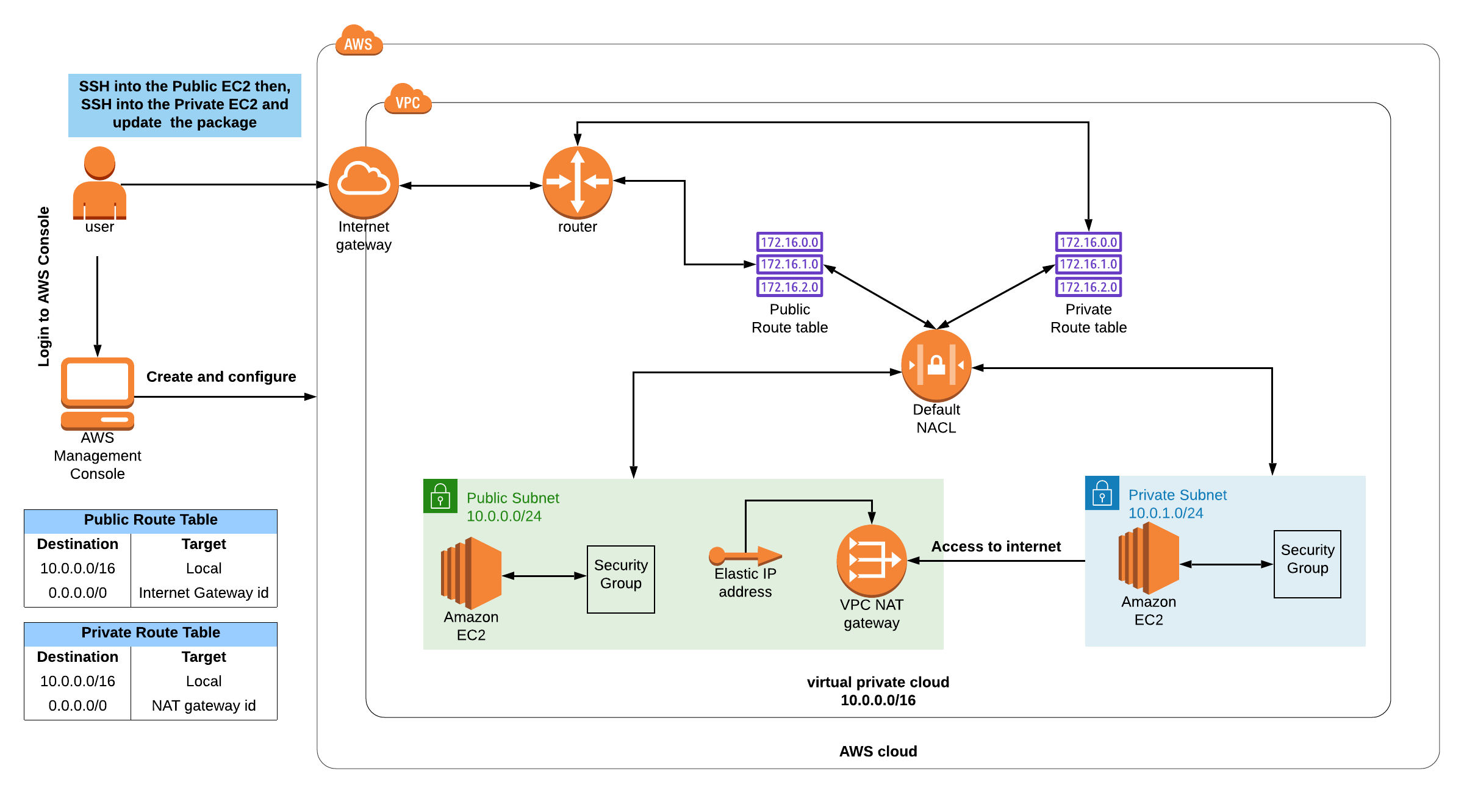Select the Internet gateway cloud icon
coord(364,182)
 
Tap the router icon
coord(577,182)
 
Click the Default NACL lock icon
coord(936,365)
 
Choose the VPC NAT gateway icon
coord(871,560)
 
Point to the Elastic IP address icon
coord(745,555)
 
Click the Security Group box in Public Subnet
coord(620,579)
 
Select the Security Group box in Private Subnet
coord(1307,564)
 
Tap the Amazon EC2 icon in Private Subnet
coord(1149,558)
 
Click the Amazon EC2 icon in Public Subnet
coord(471,573)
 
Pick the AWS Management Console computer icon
coord(98,393)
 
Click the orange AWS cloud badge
coord(359,41)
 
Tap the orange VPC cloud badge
coord(407,99)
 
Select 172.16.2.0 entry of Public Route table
coord(789,287)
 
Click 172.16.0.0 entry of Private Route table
coord(1088,242)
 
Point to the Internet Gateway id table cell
coord(204,592)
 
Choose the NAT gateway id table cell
coord(204,705)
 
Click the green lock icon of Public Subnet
coord(440,496)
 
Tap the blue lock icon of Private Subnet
coord(1102,493)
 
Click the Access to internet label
coord(996,546)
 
